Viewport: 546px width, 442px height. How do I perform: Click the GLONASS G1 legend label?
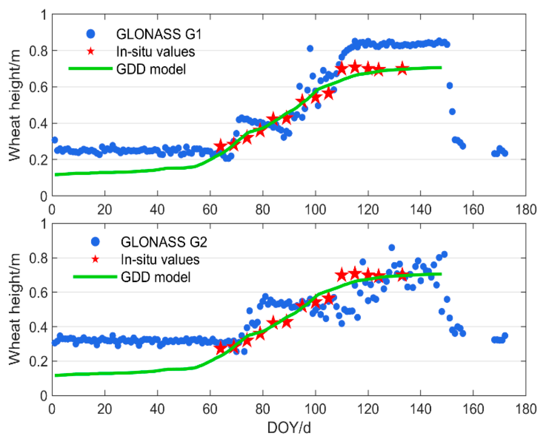[158, 34]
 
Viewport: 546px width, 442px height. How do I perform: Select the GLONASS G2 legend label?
[164, 242]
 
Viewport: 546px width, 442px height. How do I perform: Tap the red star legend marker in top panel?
[91, 52]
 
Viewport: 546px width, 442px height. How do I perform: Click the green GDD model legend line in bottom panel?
[95, 276]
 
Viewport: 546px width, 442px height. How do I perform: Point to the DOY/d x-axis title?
[289, 428]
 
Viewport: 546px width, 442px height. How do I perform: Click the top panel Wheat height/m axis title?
[15, 105]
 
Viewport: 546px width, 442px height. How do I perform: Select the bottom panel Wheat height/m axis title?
[15, 309]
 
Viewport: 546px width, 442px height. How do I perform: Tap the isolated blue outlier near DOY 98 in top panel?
[310, 48]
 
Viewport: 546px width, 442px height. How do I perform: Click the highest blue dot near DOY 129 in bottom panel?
[392, 247]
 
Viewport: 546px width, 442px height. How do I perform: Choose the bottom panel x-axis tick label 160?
[473, 409]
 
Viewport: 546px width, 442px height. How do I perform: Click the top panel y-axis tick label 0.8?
[38, 51]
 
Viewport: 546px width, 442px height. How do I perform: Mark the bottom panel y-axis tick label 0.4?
[38, 327]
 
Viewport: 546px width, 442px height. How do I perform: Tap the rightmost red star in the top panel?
[402, 68]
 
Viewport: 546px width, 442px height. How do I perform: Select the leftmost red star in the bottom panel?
[220, 348]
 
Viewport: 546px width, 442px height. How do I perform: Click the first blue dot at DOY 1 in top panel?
[55, 140]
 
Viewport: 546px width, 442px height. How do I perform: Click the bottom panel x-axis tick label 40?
[157, 409]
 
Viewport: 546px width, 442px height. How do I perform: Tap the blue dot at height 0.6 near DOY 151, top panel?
[449, 86]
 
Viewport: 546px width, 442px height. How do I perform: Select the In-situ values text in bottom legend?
[160, 259]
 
